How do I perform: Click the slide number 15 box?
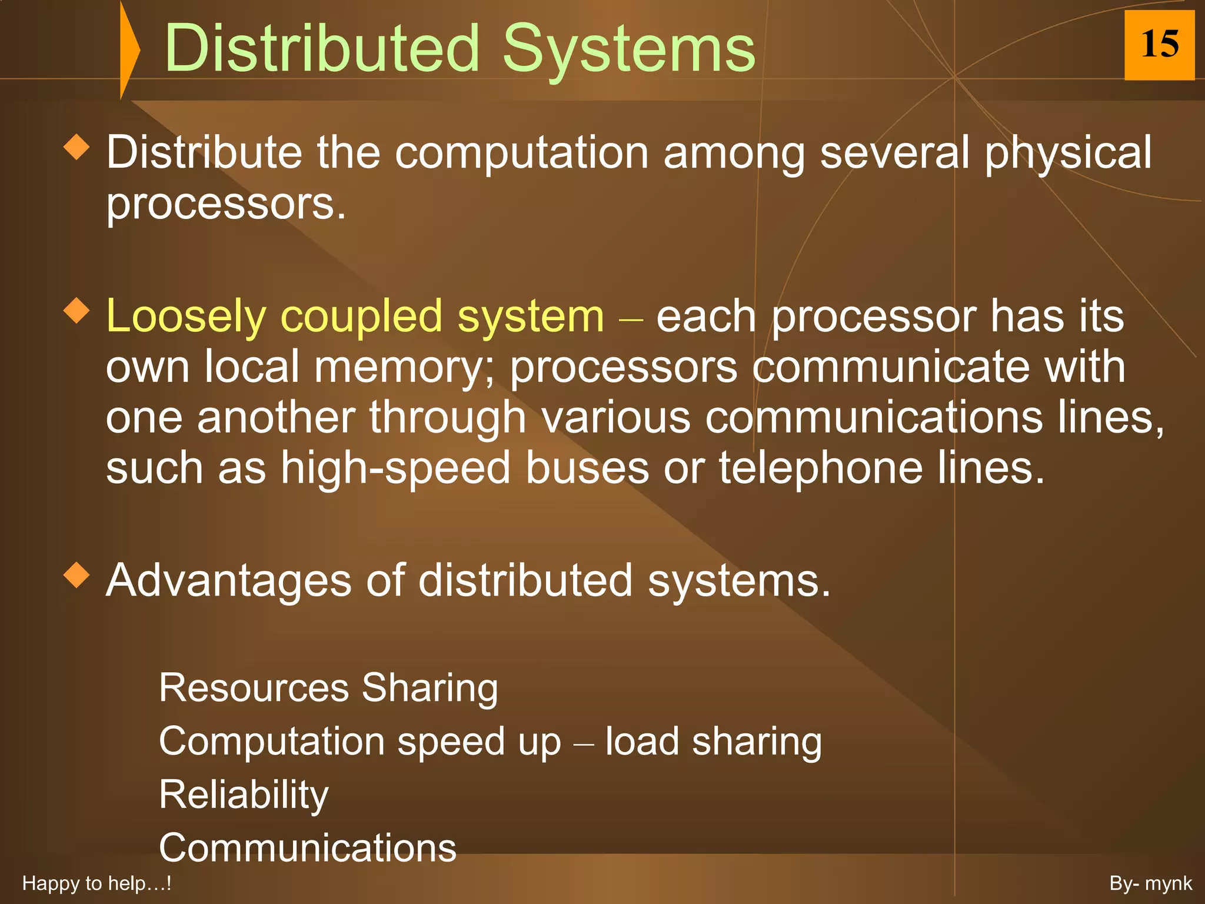click(1159, 45)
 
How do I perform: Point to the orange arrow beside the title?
click(129, 49)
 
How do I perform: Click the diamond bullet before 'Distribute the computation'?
click(76, 147)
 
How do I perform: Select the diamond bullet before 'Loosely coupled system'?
click(76, 311)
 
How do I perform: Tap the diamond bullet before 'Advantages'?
click(76, 574)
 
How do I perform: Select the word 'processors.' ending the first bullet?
click(226, 204)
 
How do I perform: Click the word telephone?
click(821, 468)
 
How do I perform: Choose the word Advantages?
click(228, 581)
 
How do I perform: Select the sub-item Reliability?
click(244, 795)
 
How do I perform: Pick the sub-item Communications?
click(308, 848)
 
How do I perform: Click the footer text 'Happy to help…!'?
click(96, 883)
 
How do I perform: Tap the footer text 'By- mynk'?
click(1150, 883)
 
